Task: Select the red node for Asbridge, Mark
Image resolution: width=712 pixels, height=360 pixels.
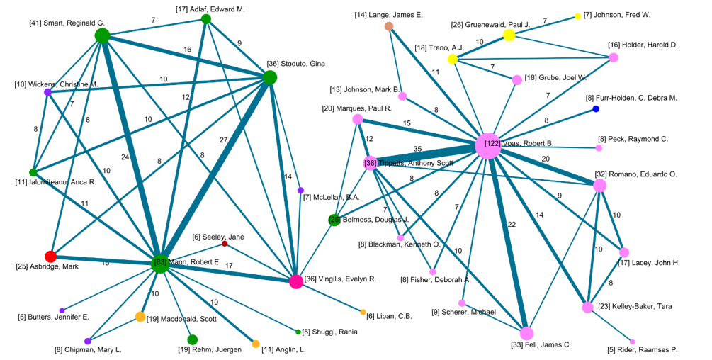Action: click(50, 257)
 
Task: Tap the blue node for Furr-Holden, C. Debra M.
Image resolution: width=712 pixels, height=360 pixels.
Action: click(596, 108)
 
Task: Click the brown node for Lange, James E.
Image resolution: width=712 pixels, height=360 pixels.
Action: click(389, 26)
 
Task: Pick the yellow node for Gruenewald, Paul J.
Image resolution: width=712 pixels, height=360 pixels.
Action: click(509, 35)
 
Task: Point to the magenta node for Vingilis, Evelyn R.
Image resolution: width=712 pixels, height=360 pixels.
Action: click(296, 281)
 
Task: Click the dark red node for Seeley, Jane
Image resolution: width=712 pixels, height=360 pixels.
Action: click(225, 244)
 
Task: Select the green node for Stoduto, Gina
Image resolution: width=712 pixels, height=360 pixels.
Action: click(269, 78)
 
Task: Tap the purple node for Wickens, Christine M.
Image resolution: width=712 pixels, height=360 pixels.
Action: click(47, 92)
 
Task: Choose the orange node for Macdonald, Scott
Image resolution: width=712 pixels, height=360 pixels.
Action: click(140, 317)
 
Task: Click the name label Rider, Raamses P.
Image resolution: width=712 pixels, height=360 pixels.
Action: click(643, 350)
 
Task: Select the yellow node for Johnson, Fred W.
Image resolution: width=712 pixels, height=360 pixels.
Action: click(578, 16)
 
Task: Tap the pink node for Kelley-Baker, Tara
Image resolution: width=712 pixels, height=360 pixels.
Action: click(587, 308)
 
